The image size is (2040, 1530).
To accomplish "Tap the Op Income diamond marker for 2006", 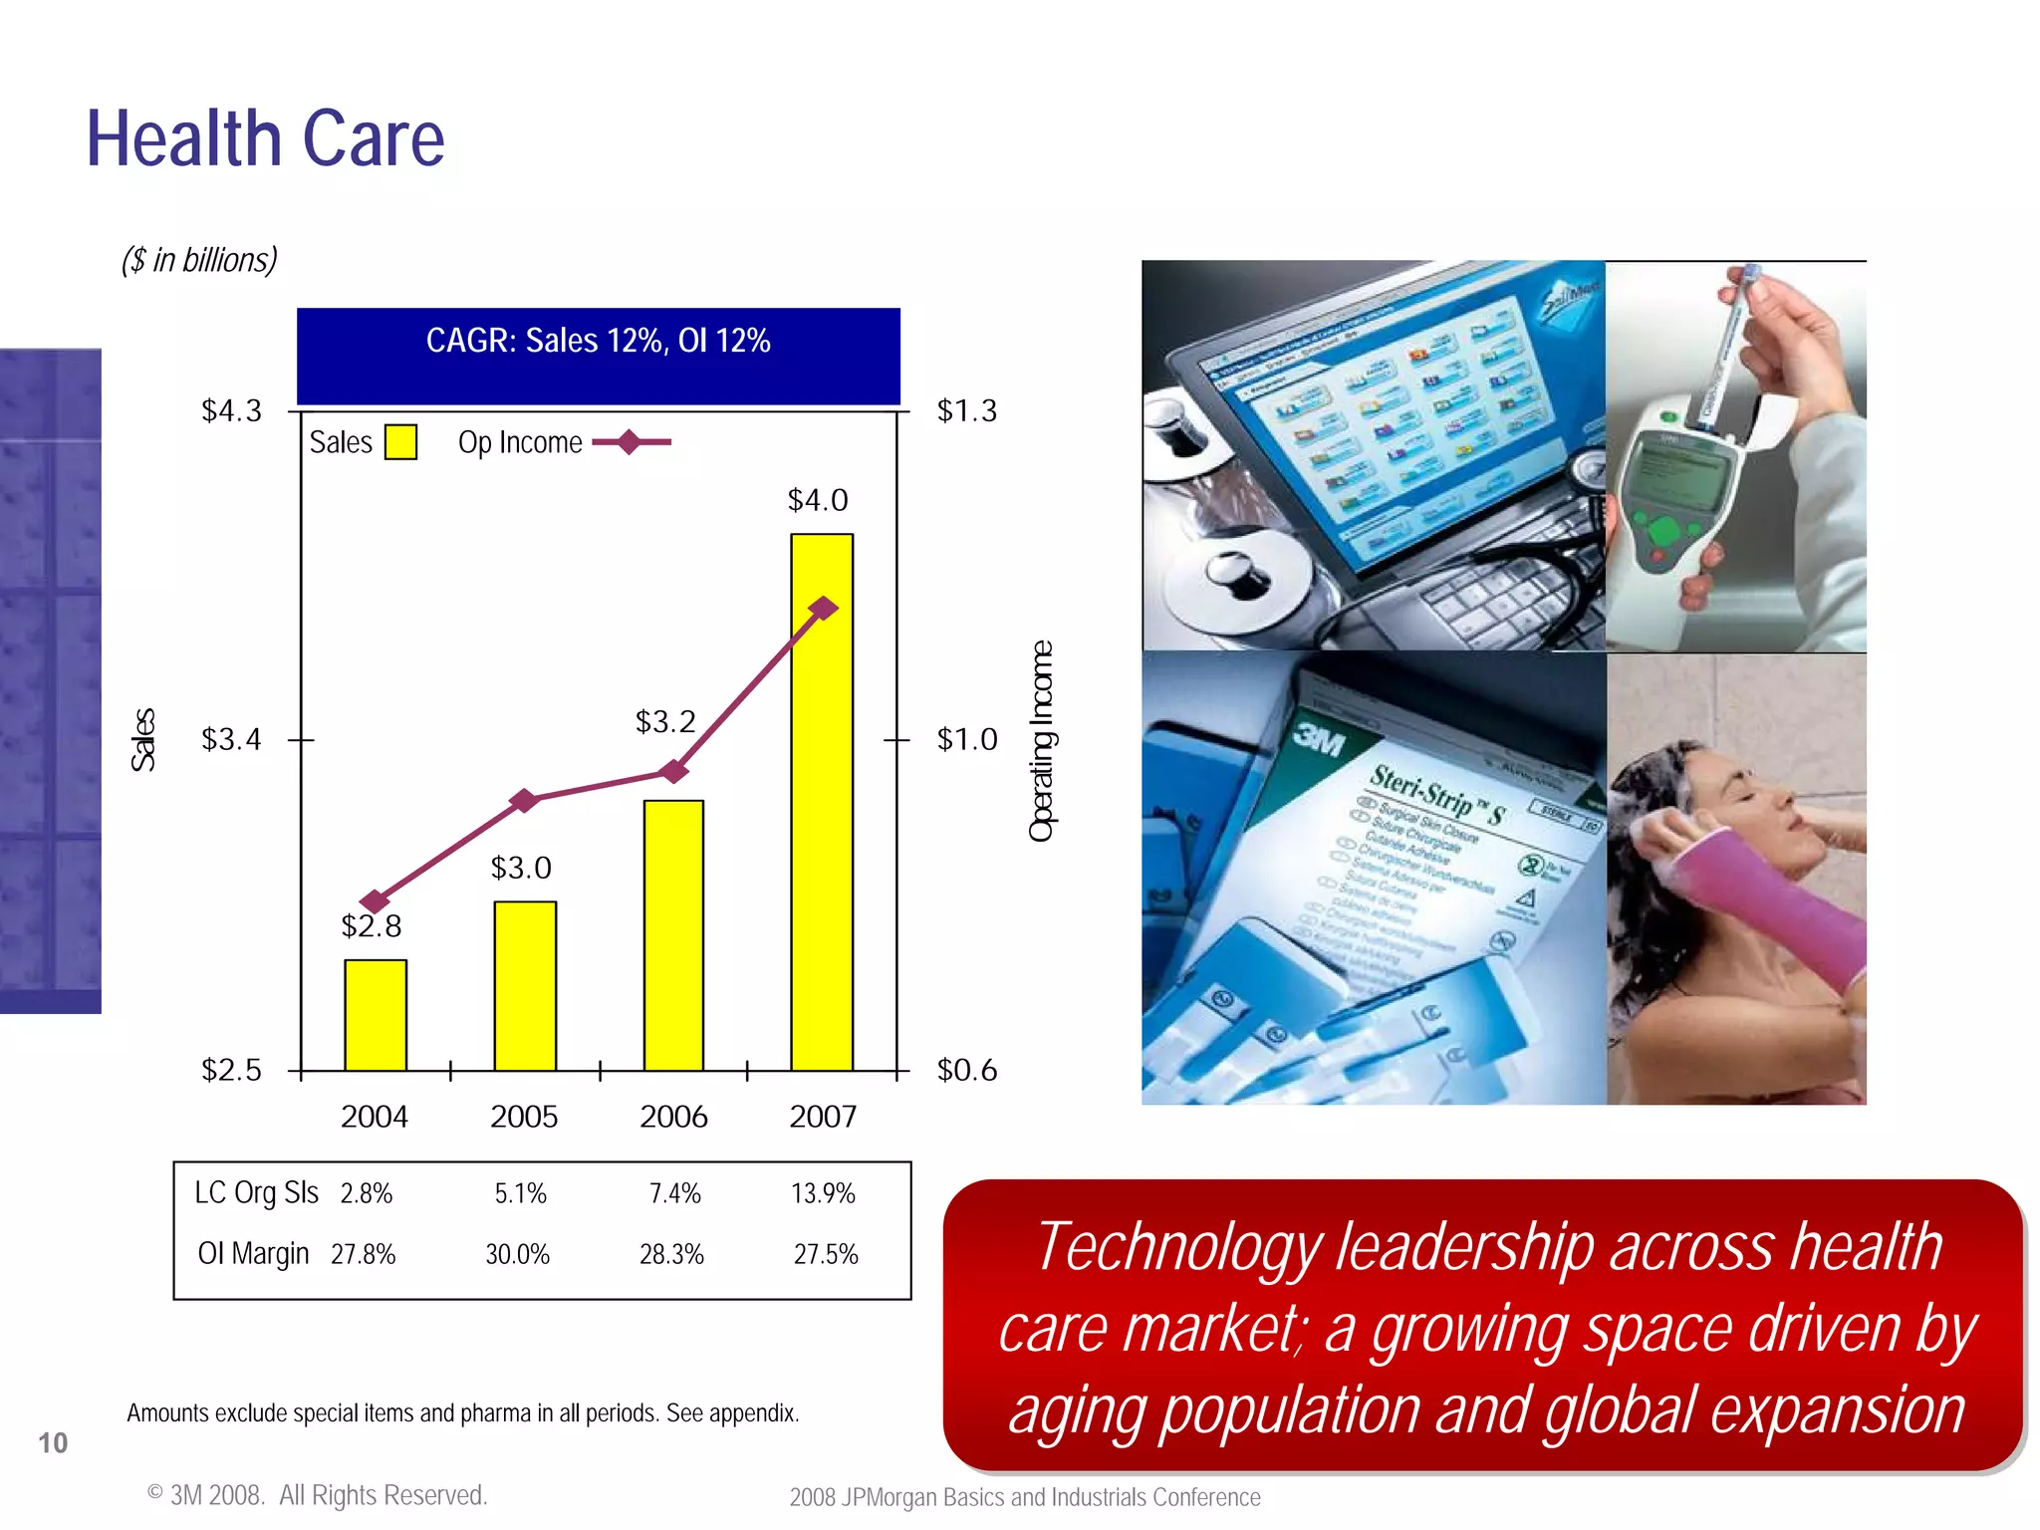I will pos(674,771).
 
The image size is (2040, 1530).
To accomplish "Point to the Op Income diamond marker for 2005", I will pos(524,800).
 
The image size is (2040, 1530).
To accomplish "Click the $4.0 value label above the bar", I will pos(818,500).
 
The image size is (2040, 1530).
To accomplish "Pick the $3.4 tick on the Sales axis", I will pos(231,739).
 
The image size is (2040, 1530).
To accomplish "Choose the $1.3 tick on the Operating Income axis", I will pos(966,410).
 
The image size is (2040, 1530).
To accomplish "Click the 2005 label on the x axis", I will pos(524,1117).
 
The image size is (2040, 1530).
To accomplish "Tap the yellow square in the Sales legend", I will pos(400,442).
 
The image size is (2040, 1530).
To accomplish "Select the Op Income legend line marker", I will pos(630,441).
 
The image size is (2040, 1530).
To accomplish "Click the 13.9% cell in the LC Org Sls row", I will pos(823,1193).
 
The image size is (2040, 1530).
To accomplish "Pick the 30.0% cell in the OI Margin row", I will pos(518,1254).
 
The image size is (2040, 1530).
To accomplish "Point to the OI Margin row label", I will pos(254,1253).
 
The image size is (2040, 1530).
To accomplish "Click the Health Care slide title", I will pos(265,139).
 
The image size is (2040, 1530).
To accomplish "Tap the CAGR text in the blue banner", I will pos(598,341).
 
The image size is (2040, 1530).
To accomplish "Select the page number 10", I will pos(53,1442).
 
